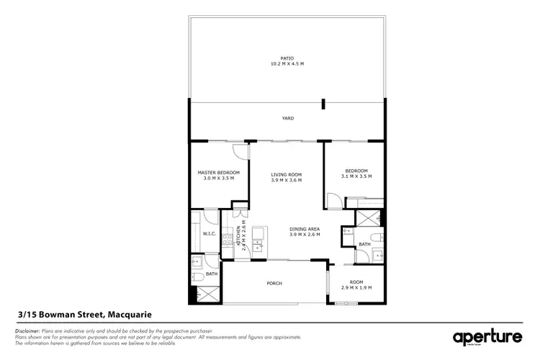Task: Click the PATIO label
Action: click(x=287, y=58)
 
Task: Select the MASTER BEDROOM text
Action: click(x=218, y=173)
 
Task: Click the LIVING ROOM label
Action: click(x=286, y=174)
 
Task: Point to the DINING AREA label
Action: click(x=305, y=229)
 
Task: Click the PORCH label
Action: click(x=274, y=283)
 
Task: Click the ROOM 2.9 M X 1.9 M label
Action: click(x=356, y=282)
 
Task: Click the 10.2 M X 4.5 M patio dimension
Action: click(x=287, y=64)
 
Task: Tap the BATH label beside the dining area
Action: click(x=365, y=243)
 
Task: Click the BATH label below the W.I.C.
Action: click(x=212, y=274)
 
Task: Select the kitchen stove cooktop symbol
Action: click(x=227, y=237)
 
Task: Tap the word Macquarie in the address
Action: click(x=130, y=315)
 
